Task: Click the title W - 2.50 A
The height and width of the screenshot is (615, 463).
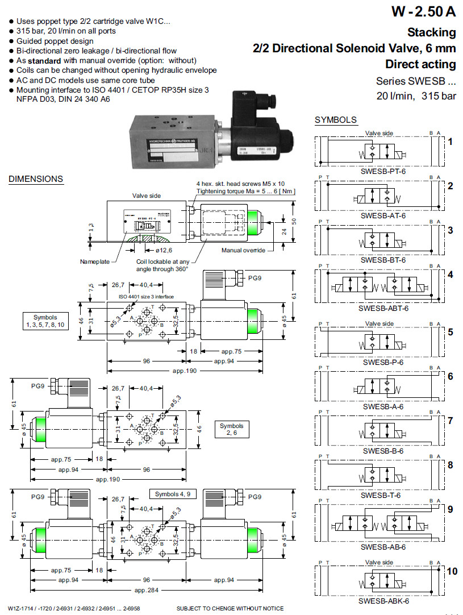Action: click(x=423, y=11)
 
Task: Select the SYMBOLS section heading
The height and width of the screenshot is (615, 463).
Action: click(x=336, y=120)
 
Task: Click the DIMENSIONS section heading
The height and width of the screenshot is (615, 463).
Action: click(x=36, y=179)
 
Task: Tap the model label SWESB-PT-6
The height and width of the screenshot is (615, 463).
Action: click(x=383, y=171)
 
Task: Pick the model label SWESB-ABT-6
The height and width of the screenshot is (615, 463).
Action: click(x=383, y=309)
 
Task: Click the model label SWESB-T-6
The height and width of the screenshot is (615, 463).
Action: click(x=383, y=496)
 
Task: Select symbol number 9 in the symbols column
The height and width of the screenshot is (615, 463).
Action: click(x=450, y=509)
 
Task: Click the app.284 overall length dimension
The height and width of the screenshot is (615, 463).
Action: click(x=145, y=590)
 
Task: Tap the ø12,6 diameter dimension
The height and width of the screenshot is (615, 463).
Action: click(x=165, y=250)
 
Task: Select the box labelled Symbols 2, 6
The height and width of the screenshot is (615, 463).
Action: click(x=231, y=429)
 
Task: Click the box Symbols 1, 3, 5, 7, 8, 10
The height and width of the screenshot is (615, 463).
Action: click(x=45, y=321)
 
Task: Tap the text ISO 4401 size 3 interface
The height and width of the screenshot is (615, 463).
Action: click(x=146, y=297)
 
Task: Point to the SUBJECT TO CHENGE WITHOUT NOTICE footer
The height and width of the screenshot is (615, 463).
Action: click(x=230, y=609)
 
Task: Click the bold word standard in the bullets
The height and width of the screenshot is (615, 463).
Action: click(x=45, y=60)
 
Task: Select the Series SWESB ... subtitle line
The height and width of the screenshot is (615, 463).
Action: click(x=416, y=81)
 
